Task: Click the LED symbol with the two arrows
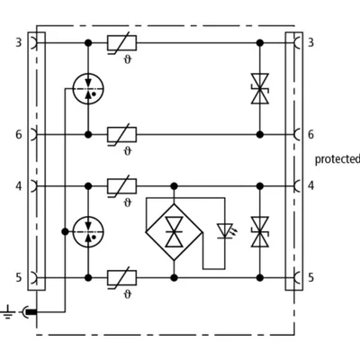click(225, 231)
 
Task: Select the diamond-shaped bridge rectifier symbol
click(174, 232)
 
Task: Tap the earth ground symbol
click(8, 312)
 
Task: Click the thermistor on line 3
click(121, 43)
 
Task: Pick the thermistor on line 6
click(121, 135)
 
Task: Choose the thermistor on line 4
click(121, 186)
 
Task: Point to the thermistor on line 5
click(121, 278)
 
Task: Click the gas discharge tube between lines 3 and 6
click(88, 89)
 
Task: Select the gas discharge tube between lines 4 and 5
click(88, 232)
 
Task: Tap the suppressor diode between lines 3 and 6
click(260, 89)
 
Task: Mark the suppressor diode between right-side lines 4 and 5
click(260, 232)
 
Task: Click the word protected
click(337, 159)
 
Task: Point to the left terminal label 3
click(19, 42)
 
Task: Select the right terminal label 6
click(310, 134)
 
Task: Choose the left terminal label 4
click(19, 186)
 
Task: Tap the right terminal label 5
click(310, 277)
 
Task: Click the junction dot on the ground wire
click(65, 232)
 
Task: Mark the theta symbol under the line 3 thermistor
click(128, 60)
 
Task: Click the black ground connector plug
click(31, 312)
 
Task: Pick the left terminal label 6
click(19, 134)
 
